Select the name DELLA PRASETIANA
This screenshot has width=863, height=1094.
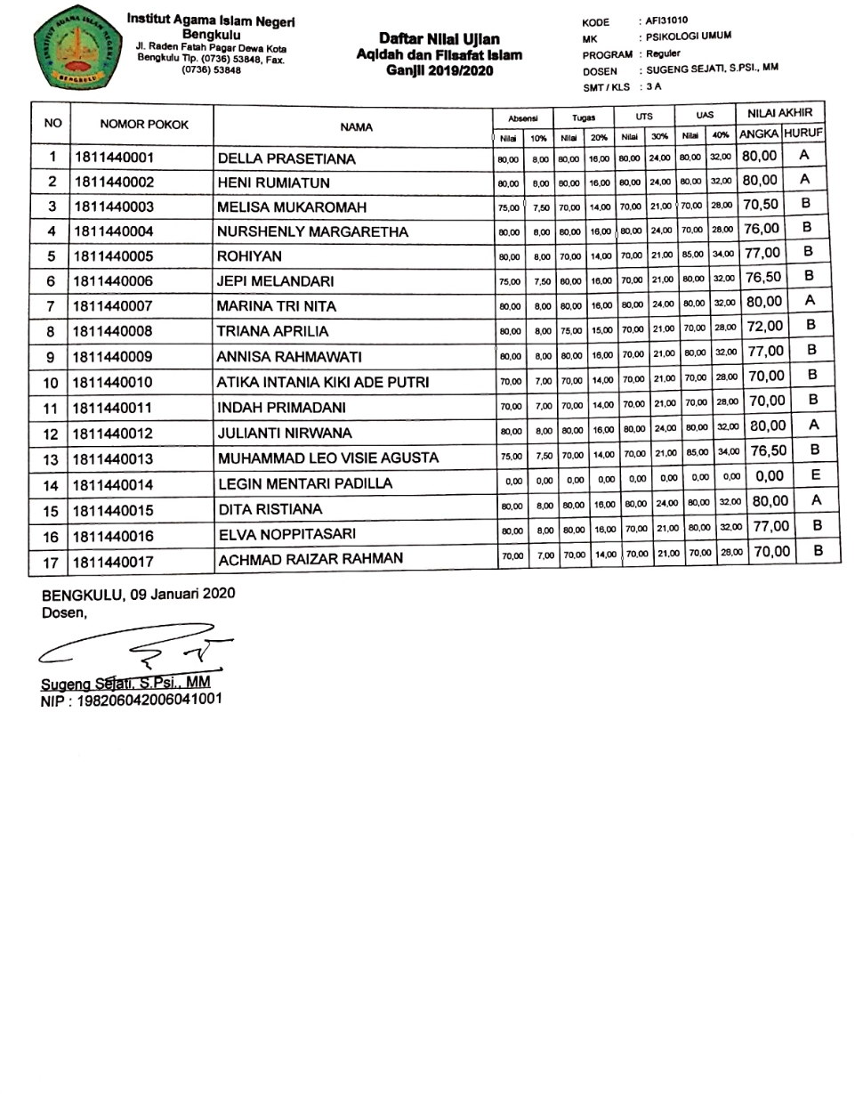(286, 159)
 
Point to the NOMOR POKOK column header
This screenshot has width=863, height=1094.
(143, 125)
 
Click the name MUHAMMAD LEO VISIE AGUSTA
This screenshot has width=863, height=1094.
(328, 459)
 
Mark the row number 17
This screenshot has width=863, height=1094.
(52, 562)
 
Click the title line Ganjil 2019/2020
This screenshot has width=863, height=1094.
(439, 71)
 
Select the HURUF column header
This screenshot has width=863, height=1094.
(803, 134)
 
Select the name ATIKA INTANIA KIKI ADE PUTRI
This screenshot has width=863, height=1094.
(324, 384)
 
